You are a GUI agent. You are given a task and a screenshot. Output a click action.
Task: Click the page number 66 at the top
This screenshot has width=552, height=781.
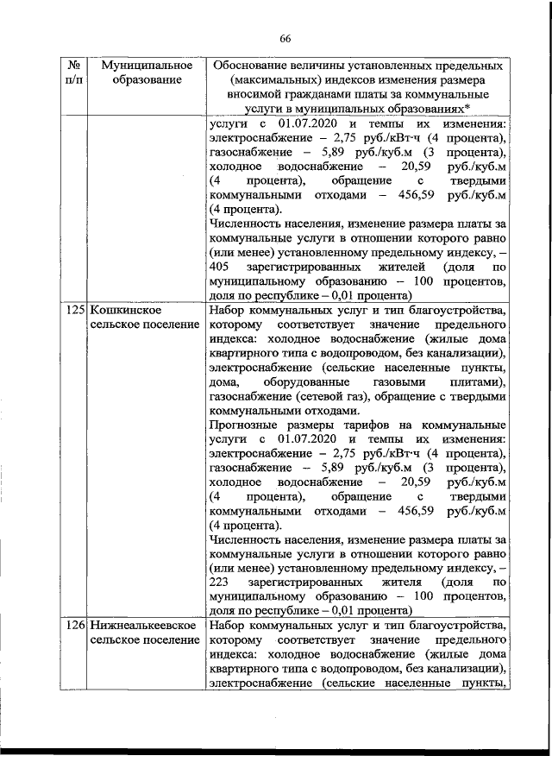pos(286,35)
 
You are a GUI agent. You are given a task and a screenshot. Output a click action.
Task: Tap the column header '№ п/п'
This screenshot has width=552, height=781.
pos(74,72)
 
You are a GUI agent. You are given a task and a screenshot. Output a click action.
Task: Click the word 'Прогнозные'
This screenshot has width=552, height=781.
pos(245,425)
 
